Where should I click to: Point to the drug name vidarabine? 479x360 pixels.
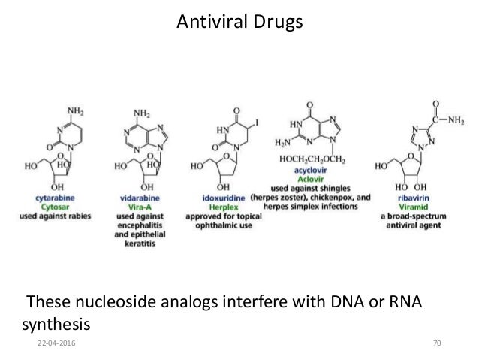coord(140,194)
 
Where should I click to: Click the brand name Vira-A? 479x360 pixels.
coord(140,204)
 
